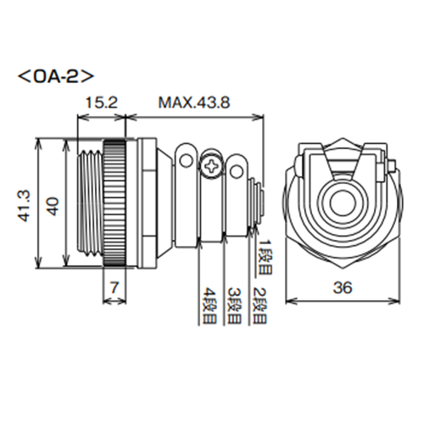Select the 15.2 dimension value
pos(103,103)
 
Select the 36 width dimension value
pos(343,288)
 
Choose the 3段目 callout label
pos(232,306)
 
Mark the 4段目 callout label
pos(209,306)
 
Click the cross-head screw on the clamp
pos(211,165)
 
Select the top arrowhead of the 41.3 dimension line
pos(42,142)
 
